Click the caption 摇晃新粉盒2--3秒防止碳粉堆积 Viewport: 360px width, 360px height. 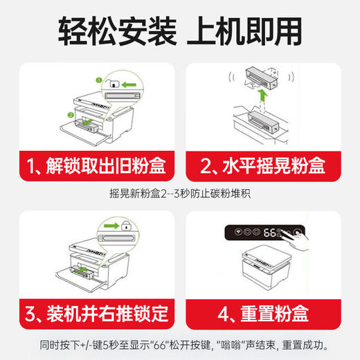pyautogui.click(x=179, y=195)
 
